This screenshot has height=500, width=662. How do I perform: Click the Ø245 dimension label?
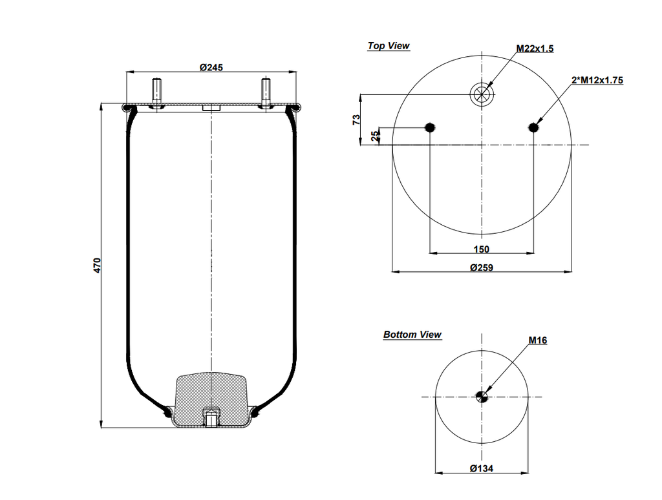211,67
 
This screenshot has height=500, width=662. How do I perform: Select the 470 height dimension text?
97,265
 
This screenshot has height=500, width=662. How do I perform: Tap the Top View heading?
389,46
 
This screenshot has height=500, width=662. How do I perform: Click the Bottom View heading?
412,335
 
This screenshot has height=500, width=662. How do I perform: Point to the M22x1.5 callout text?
535,49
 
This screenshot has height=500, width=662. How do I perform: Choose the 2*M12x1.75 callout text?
597,81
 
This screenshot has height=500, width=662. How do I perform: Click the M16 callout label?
537,340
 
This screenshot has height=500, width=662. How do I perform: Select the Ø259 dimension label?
482,267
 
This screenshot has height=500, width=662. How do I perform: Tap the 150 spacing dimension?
481,249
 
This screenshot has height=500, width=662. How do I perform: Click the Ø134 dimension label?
482,468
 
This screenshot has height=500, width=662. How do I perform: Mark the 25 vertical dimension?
374,136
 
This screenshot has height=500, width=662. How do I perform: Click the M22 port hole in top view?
482,94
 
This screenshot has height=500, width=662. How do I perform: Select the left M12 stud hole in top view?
430,127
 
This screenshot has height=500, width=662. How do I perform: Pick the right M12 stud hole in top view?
533,127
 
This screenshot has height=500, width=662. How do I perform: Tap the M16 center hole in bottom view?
482,397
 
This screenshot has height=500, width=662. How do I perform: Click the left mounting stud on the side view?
157,90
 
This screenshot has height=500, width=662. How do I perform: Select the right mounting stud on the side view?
265,90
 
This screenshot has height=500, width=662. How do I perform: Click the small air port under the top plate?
211,109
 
